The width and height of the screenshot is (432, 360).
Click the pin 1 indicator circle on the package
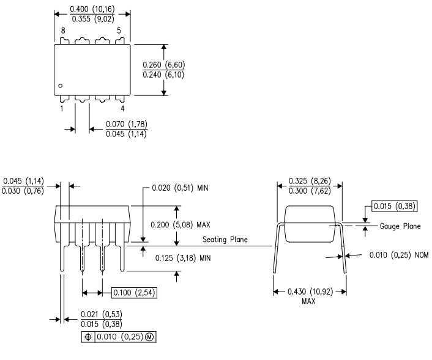tap(61, 86)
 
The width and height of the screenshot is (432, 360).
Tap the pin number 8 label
tap(63, 31)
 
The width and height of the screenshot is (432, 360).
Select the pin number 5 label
tap(119, 31)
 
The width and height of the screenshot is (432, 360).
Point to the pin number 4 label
tap(122, 108)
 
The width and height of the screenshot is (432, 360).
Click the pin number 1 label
tap(62, 108)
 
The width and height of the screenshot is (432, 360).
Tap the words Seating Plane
tap(225, 240)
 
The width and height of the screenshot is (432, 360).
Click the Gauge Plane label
tap(400, 226)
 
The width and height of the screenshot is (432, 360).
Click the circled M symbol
tap(149, 337)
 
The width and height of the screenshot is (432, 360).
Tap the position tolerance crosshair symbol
tap(88, 337)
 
